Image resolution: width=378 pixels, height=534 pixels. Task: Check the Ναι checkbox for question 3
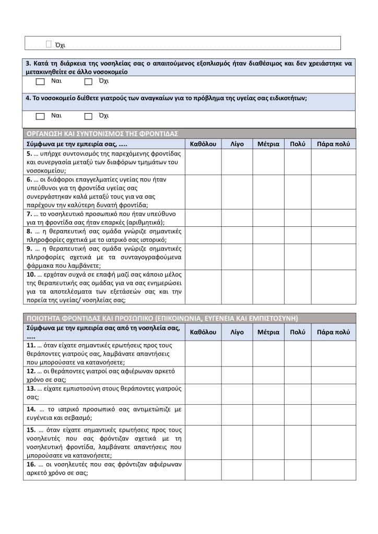pos(40,82)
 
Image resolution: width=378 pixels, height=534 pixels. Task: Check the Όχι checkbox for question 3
pos(88,82)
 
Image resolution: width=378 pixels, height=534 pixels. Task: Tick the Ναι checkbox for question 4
pos(40,116)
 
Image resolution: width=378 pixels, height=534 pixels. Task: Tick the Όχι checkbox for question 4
pos(88,116)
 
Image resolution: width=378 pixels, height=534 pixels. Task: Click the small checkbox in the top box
pos(49,44)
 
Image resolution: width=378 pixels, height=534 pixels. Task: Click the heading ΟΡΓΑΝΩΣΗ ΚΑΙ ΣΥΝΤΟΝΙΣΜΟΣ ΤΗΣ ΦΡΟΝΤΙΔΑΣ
pos(102,133)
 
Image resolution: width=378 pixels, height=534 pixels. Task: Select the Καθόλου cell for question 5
pos(203,162)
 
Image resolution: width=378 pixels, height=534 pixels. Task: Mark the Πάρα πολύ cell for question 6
pos(334,192)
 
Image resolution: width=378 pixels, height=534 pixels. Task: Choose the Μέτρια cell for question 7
pos(268,218)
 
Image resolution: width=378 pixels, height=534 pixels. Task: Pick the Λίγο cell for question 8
pos(237,235)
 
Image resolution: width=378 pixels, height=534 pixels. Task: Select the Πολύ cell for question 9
pos(298,257)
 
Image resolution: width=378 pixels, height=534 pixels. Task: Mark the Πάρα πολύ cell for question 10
pos(334,287)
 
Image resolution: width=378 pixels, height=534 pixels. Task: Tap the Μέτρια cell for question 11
pos(268,353)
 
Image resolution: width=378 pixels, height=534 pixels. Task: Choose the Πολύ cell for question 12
pos(298,375)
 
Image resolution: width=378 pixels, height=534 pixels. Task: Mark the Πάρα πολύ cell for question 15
pos(334,442)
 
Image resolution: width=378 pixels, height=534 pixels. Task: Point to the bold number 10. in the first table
pos(31,274)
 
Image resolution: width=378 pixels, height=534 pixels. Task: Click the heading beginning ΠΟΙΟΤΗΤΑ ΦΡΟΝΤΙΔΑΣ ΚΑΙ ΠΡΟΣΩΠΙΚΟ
pos(162,318)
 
